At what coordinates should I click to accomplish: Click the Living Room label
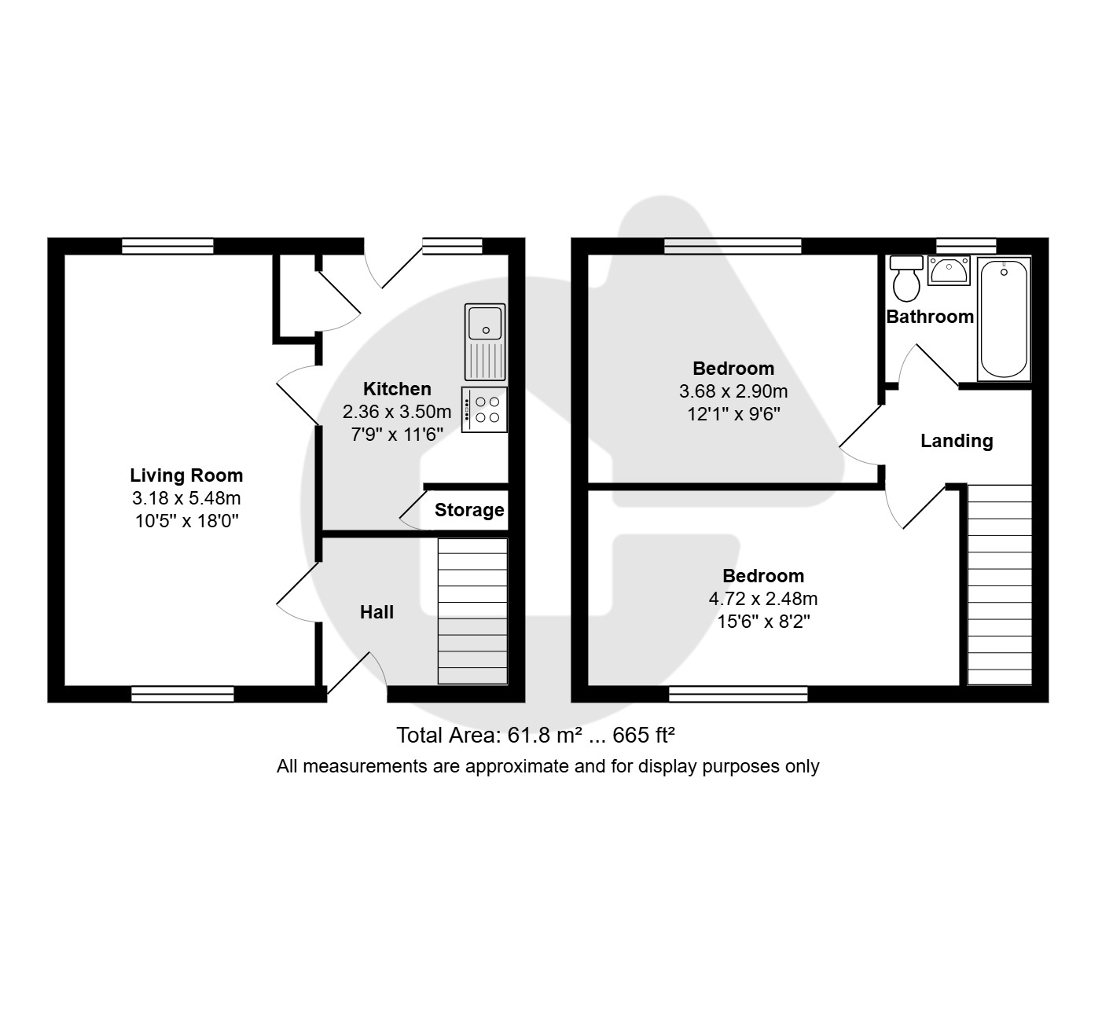(x=186, y=475)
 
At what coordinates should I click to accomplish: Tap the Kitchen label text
(x=397, y=389)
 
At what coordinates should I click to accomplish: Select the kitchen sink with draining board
(x=485, y=342)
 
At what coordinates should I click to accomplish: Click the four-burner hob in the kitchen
(x=484, y=409)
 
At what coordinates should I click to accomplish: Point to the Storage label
(x=469, y=510)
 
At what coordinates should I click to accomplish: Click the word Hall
(x=377, y=612)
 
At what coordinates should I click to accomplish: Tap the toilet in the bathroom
(x=905, y=278)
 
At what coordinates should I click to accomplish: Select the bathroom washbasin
(x=949, y=270)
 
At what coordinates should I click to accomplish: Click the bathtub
(x=1004, y=319)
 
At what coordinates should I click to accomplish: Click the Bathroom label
(x=930, y=317)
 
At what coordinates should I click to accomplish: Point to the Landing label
(x=957, y=441)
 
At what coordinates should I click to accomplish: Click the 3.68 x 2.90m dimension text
(x=733, y=391)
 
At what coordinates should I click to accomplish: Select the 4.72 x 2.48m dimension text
(x=763, y=598)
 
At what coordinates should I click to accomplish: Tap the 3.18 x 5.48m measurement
(x=186, y=498)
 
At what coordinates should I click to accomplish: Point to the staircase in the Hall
(x=472, y=611)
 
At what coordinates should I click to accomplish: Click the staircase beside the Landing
(x=999, y=585)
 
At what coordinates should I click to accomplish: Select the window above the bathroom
(x=966, y=246)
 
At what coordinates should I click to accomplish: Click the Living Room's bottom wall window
(x=182, y=694)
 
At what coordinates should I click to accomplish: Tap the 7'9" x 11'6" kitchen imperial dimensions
(x=397, y=435)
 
